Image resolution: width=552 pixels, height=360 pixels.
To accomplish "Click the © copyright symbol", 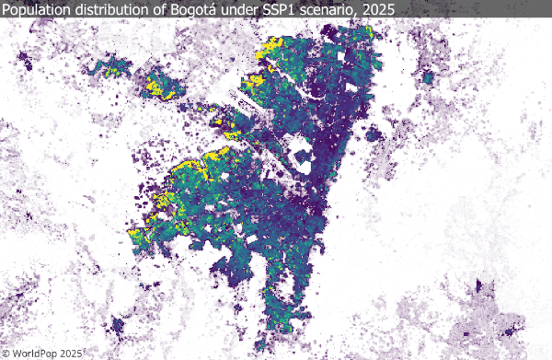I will pyautogui.click(x=7, y=352).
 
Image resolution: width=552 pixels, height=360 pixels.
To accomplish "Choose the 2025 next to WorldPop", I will pyautogui.click(x=72, y=352).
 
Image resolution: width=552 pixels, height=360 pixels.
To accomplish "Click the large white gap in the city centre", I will pyautogui.click(x=301, y=151).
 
